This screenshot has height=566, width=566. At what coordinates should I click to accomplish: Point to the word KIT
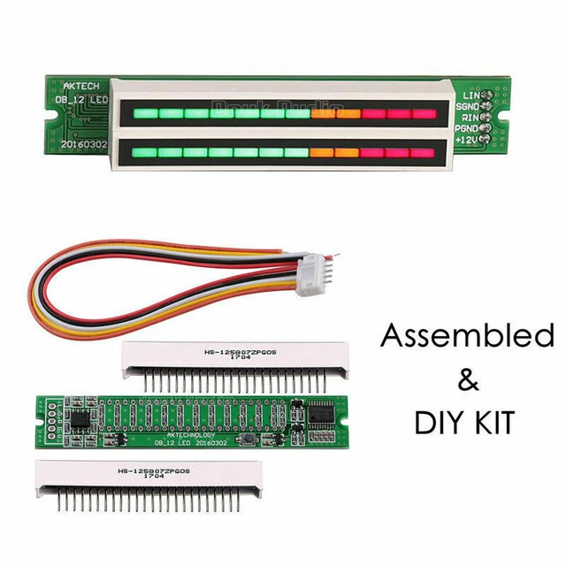coord(493,423)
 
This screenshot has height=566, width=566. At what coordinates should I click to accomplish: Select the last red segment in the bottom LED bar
coord(424,153)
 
